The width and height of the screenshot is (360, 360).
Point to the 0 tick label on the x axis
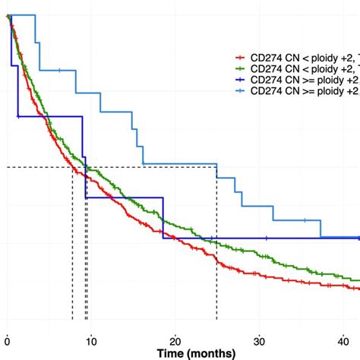point(8,339)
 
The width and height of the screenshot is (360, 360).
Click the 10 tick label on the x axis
point(91,339)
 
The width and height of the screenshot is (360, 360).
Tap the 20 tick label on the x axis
point(175,339)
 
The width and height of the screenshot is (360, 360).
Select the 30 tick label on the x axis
point(260,339)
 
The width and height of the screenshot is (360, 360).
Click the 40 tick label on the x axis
point(343,339)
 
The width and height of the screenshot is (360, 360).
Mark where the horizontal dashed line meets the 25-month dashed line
point(216,167)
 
